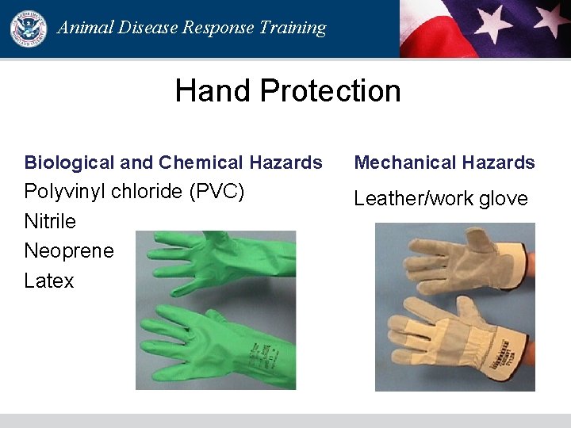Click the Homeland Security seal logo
[x=28, y=28]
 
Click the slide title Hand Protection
[x=287, y=90]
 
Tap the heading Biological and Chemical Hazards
[x=173, y=162]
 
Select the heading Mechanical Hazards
[x=444, y=162]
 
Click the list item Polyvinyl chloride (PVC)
[x=134, y=192]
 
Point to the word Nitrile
[x=50, y=221]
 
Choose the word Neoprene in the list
[x=69, y=251]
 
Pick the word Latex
[x=49, y=281]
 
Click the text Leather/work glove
[x=440, y=198]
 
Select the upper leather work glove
[x=452, y=266]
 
